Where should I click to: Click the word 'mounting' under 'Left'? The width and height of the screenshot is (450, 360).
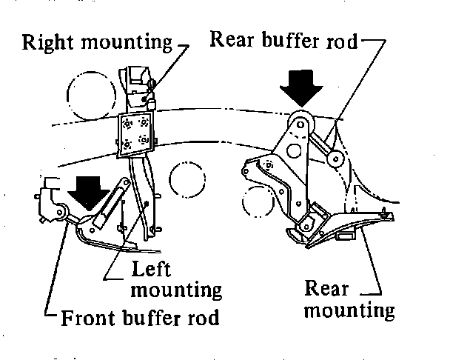[175, 287]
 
